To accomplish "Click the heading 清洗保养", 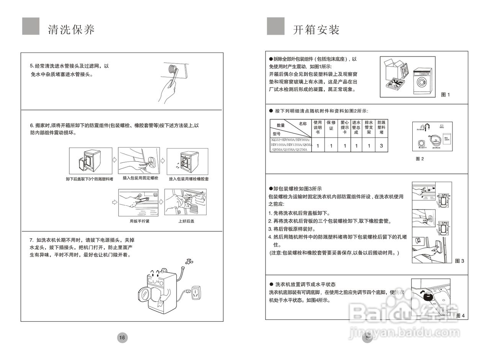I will pyautogui.click(x=72, y=30).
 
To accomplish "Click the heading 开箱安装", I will pyautogui.click(x=316, y=30).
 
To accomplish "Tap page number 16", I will pyautogui.click(x=122, y=337).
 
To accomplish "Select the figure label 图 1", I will pyautogui.click(x=445, y=95).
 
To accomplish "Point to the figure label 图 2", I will pyautogui.click(x=420, y=159).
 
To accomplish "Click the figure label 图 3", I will pyautogui.click(x=459, y=261).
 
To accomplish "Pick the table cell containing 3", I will pyautogui.click(x=381, y=146).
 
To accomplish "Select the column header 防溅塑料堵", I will pyautogui.click(x=381, y=127).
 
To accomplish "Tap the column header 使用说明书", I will pyautogui.click(x=318, y=127).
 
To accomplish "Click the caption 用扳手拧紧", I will pyautogui.click(x=139, y=221).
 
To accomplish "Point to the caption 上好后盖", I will pyautogui.click(x=186, y=221).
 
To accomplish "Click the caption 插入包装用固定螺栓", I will pyautogui.click(x=140, y=178).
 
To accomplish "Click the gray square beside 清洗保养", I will pyautogui.click(x=31, y=26).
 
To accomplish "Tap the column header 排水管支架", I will pyautogui.click(x=369, y=127).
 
